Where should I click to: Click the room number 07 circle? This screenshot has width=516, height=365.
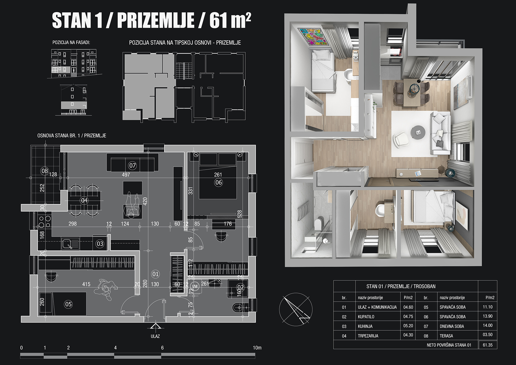[132, 166]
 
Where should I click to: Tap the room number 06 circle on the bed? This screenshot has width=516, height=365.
[218, 182]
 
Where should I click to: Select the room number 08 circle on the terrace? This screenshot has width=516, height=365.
[45, 171]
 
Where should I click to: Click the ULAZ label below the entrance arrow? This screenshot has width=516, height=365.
[155, 336]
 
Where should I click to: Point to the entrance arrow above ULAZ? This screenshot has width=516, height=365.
[155, 326]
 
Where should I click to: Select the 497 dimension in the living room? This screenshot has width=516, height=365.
[126, 175]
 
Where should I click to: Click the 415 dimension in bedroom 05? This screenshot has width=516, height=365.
[86, 284]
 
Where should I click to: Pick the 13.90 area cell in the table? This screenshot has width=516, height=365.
[488, 316]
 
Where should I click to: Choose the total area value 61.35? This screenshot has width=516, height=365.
[488, 345]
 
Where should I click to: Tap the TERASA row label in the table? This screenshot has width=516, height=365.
[446, 336]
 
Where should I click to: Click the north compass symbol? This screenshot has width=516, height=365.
[296, 309]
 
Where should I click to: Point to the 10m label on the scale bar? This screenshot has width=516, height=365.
[257, 348]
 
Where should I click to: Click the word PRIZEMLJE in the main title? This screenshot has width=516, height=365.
[156, 20]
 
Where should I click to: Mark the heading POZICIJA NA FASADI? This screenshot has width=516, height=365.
[71, 42]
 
